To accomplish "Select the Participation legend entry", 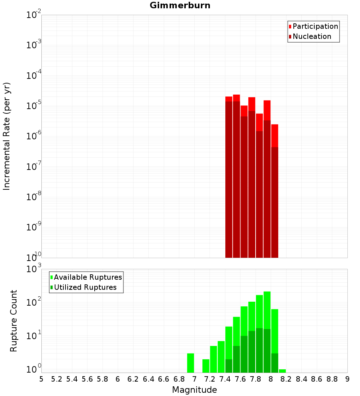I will click(315, 26).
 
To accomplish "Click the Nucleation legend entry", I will click(311, 36).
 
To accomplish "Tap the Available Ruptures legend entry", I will click(87, 277).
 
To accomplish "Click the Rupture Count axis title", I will click(14, 321).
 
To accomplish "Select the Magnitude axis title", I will click(194, 390).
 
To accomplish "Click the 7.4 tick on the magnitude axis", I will click(225, 379).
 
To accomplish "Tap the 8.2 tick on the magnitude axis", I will click(286, 379).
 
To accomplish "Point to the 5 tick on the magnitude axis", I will click(41, 379).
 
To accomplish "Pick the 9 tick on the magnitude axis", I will click(347, 379).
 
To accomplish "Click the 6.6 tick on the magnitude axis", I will click(164, 379).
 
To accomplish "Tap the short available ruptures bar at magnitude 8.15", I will click(282, 371).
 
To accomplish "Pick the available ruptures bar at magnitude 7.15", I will click(206, 366).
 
